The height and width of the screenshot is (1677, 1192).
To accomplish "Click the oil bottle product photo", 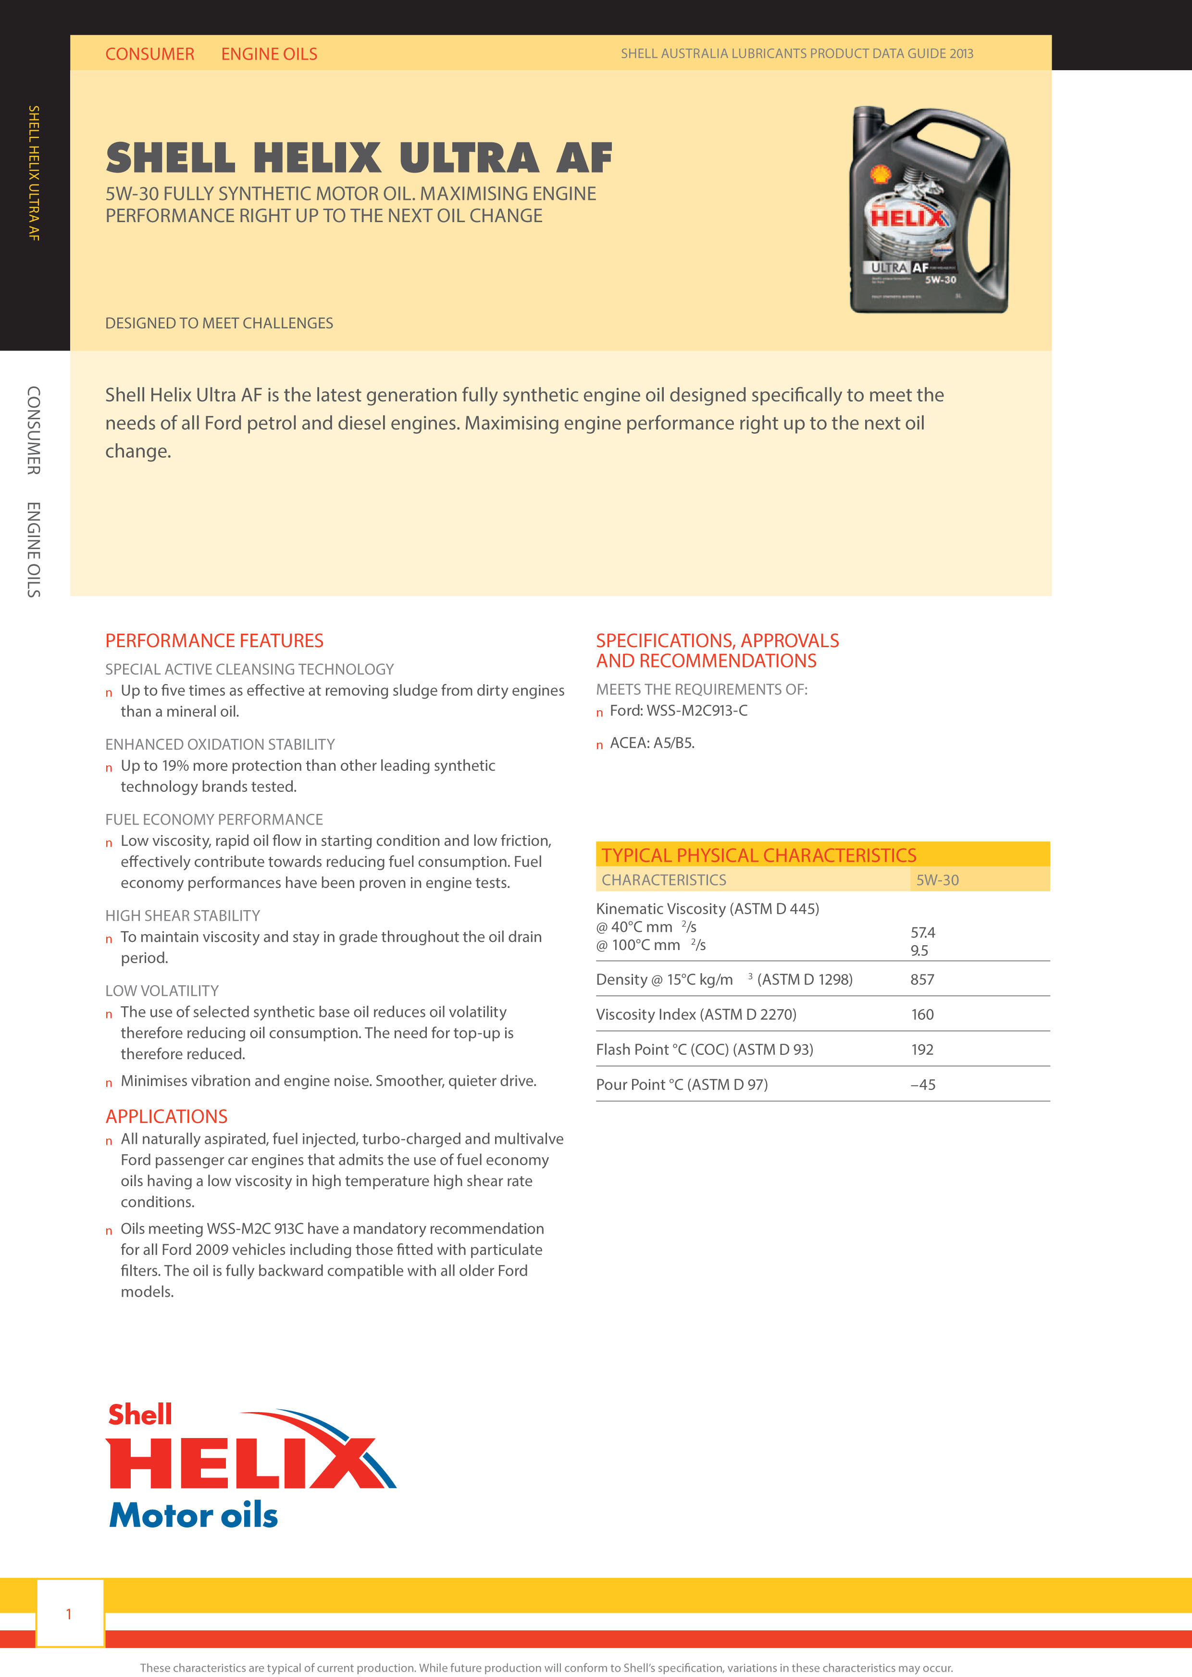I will click(x=929, y=210).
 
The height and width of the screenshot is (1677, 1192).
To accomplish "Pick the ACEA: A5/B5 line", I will click(x=652, y=742).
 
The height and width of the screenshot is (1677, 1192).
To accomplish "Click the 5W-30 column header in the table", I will click(x=937, y=880).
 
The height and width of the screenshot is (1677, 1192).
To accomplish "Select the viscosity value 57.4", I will click(x=923, y=932).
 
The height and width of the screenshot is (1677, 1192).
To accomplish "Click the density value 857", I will click(x=922, y=979).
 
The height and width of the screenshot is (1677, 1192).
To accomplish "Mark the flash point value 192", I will click(x=922, y=1049).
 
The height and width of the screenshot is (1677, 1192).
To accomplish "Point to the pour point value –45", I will click(x=923, y=1085).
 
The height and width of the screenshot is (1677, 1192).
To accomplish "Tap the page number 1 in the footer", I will click(x=69, y=1614).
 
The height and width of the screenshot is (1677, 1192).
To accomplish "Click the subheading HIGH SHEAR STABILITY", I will click(x=182, y=915).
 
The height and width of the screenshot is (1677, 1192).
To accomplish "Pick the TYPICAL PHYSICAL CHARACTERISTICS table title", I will click(x=759, y=855).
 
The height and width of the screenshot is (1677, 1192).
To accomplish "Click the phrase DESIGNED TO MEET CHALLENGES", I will click(x=219, y=323).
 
